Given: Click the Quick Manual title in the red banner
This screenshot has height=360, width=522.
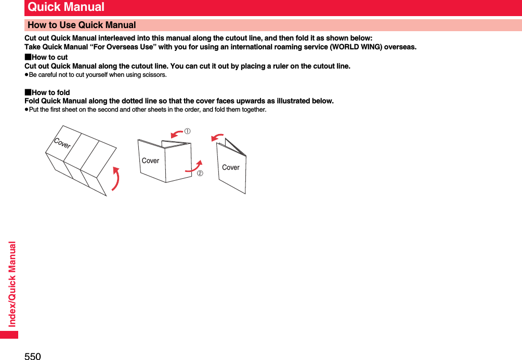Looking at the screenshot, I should click(66, 7).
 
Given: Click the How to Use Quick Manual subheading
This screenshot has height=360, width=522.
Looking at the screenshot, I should click(82, 25).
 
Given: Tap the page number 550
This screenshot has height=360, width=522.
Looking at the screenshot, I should click(32, 355).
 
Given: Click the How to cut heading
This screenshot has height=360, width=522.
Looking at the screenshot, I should click(49, 57).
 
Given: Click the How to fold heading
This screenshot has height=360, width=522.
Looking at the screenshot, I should click(50, 92).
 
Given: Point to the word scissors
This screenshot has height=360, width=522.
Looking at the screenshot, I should click(155, 75).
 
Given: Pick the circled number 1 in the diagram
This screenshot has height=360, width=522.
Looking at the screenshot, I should click(187, 131).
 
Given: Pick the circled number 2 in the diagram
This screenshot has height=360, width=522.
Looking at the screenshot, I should click(200, 172).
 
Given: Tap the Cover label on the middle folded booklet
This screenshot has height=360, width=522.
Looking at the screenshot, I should click(150, 161).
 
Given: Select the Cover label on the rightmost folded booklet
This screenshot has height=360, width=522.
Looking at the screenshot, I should click(231, 167).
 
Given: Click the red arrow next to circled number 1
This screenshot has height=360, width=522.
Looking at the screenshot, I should click(177, 135).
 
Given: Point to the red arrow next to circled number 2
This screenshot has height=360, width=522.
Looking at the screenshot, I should click(194, 166).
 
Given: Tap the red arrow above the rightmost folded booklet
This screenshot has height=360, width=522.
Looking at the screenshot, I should click(217, 137).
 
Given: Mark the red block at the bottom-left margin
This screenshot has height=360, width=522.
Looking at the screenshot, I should click(9, 334).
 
